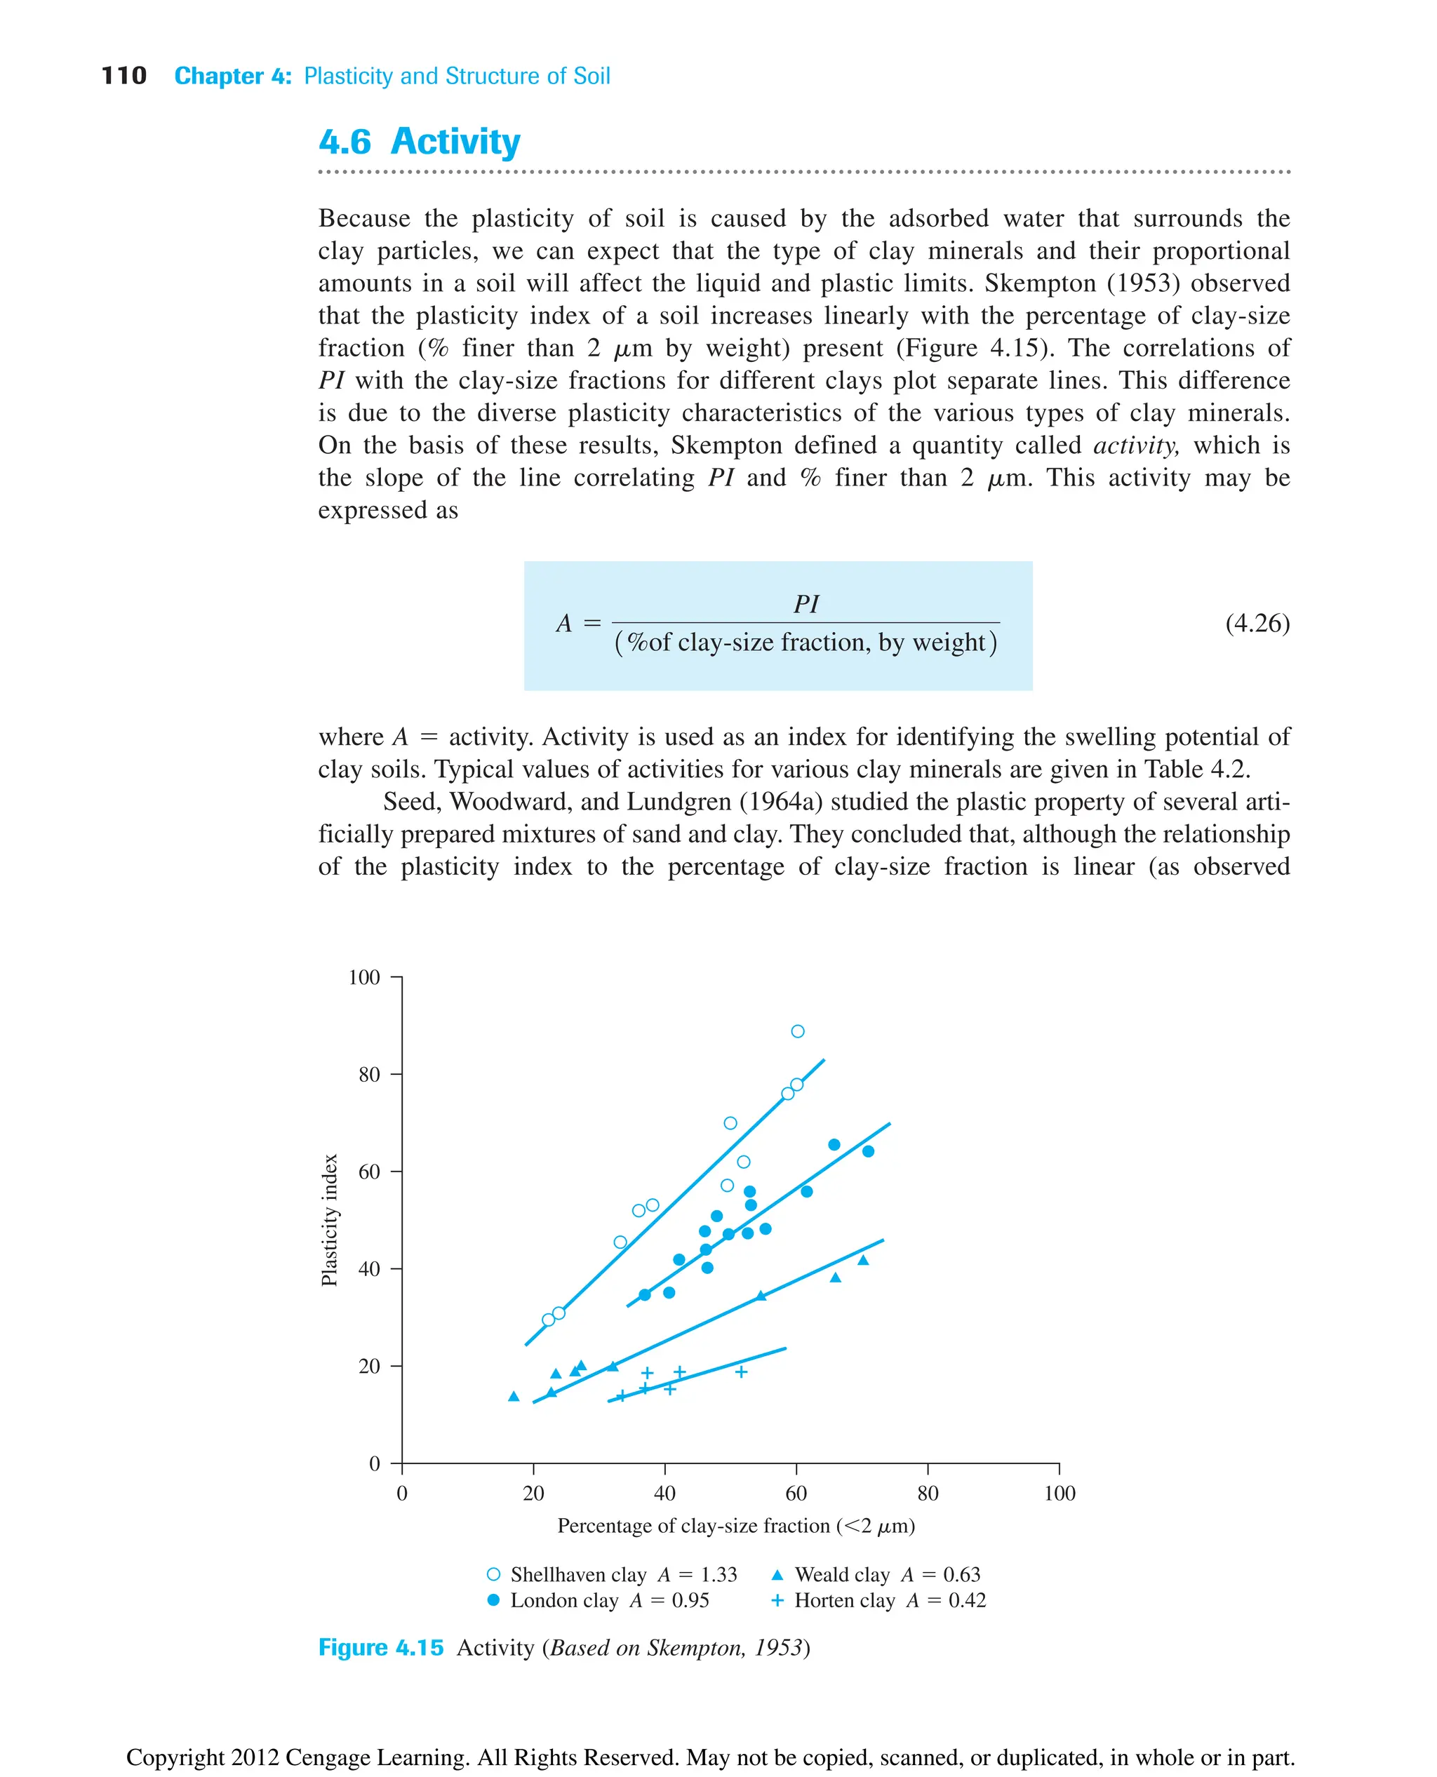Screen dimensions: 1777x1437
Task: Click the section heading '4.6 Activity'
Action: pyautogui.click(x=419, y=142)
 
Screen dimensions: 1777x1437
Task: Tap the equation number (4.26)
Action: pyautogui.click(x=1257, y=622)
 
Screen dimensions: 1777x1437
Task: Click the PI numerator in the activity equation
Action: pyautogui.click(x=806, y=603)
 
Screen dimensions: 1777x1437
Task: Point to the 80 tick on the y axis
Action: pyautogui.click(x=369, y=1074)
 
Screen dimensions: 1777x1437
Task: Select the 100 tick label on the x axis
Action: pyautogui.click(x=1059, y=1493)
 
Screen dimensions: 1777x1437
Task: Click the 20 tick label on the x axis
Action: pyautogui.click(x=533, y=1493)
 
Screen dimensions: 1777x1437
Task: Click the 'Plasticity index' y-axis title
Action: pyautogui.click(x=330, y=1219)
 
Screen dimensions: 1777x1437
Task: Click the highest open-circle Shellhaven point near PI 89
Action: pyautogui.click(x=797, y=1031)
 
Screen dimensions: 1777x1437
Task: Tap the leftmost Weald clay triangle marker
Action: pyautogui.click(x=513, y=1396)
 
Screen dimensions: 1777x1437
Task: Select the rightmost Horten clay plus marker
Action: pyautogui.click(x=742, y=1372)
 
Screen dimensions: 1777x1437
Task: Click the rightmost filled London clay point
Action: pyautogui.click(x=867, y=1151)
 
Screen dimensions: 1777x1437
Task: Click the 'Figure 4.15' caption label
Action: pyautogui.click(x=381, y=1647)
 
